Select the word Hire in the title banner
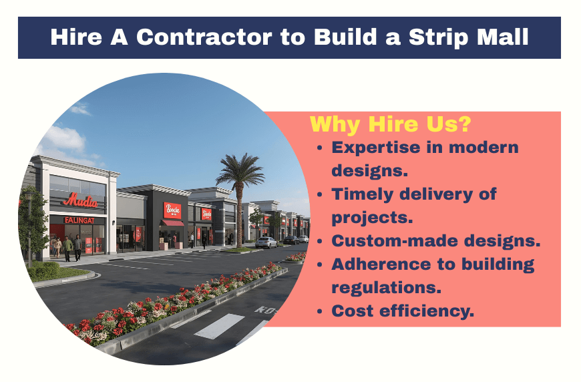(x=75, y=37)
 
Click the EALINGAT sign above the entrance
(x=79, y=220)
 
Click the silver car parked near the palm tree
(x=266, y=242)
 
